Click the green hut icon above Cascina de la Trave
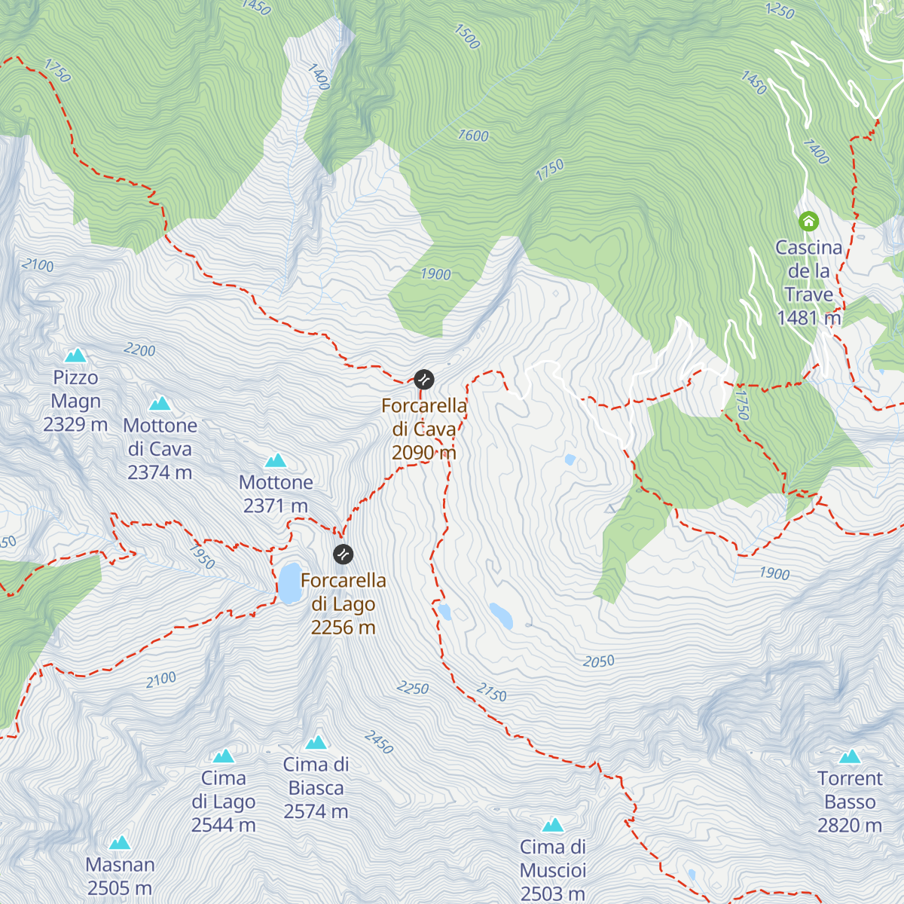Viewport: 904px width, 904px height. (808, 221)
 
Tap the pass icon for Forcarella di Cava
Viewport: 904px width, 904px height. (424, 379)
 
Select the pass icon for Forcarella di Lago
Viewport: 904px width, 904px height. (343, 554)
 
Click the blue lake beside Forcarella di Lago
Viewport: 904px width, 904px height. (289, 583)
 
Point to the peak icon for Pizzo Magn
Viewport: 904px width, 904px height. (75, 355)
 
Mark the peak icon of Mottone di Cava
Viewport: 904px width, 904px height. (160, 404)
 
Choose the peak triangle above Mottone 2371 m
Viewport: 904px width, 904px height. (276, 460)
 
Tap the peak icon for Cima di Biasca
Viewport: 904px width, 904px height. (316, 743)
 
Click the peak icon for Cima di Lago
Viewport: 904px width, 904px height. (223, 756)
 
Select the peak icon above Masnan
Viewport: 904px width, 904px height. (119, 843)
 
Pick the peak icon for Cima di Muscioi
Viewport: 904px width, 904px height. (552, 826)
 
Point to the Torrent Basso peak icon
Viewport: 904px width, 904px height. (850, 756)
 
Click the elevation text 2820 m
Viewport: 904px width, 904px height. (850, 826)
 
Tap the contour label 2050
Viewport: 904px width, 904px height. (599, 661)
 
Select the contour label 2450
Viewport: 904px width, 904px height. (379, 742)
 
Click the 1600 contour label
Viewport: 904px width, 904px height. (473, 136)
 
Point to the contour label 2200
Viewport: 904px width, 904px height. (139, 350)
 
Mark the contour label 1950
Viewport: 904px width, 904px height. (202, 556)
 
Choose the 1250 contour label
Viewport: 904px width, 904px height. (780, 11)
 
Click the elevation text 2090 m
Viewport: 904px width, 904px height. (424, 453)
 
